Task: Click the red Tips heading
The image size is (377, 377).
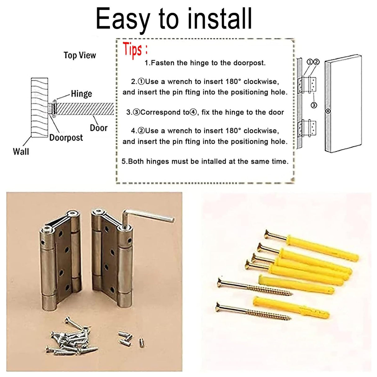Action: tap(134, 50)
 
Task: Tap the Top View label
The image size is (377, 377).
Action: tap(80, 55)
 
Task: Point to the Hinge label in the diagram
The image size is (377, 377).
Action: tap(81, 93)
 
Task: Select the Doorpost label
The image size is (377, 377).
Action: tap(66, 138)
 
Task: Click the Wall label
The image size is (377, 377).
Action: tap(21, 152)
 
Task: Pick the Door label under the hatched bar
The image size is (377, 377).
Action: tap(98, 128)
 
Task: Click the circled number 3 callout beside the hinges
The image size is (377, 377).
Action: tap(314, 105)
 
